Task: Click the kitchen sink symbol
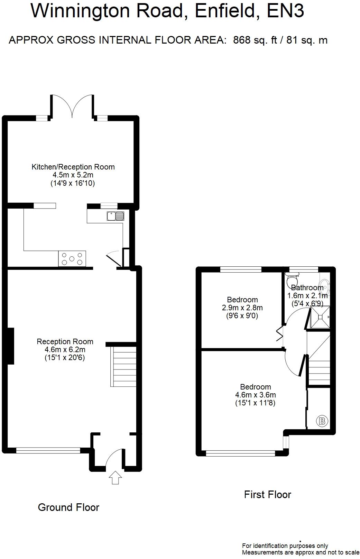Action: click(x=116, y=216)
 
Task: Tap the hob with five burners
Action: click(x=72, y=258)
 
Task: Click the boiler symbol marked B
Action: click(x=322, y=421)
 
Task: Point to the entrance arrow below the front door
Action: click(x=115, y=477)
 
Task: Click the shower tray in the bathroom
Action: click(x=320, y=317)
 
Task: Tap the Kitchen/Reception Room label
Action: click(x=73, y=167)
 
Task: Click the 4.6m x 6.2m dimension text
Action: click(x=65, y=349)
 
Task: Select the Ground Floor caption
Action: click(x=68, y=507)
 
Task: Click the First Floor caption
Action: click(x=267, y=494)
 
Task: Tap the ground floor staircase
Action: click(x=123, y=366)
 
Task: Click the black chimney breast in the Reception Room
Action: click(x=10, y=346)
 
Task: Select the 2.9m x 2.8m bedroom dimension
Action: click(x=242, y=308)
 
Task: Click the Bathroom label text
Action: click(x=307, y=287)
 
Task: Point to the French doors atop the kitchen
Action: click(x=72, y=106)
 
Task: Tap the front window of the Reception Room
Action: click(x=48, y=450)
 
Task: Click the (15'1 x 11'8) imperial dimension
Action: click(x=255, y=403)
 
